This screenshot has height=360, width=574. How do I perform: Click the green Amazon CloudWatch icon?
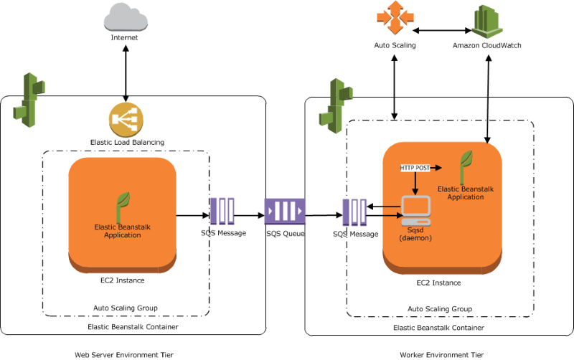487,21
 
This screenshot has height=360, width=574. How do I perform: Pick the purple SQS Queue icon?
285,212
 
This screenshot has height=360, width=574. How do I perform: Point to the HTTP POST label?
415,167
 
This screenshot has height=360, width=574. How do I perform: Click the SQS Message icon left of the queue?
222,212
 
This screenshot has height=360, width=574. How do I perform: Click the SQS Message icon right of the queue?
355,213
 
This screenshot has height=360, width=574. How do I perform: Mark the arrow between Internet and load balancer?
126,72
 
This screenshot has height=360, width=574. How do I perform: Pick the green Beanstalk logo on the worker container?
337,105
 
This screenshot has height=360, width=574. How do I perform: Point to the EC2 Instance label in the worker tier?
438,283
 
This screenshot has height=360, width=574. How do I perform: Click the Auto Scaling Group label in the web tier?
126,308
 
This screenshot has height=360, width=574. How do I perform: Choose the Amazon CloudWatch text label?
487,45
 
